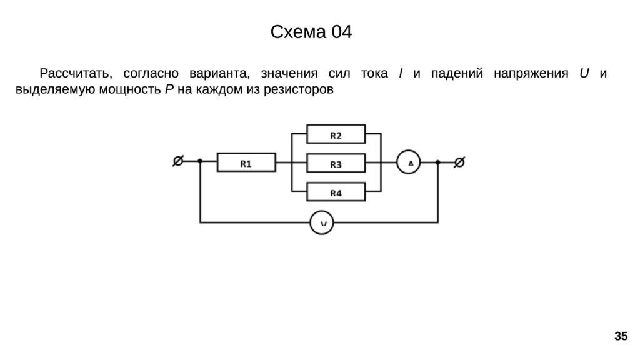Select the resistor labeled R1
point(246,163)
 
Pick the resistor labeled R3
point(336,163)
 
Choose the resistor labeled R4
point(336,192)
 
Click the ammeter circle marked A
point(409,163)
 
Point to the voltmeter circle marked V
point(322,222)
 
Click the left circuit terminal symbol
point(178,161)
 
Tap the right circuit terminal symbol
point(459,162)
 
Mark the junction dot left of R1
point(200,161)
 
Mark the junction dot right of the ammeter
point(438,162)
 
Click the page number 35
point(620,337)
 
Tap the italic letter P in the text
point(169,89)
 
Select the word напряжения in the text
point(531,74)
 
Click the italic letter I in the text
point(400,74)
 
